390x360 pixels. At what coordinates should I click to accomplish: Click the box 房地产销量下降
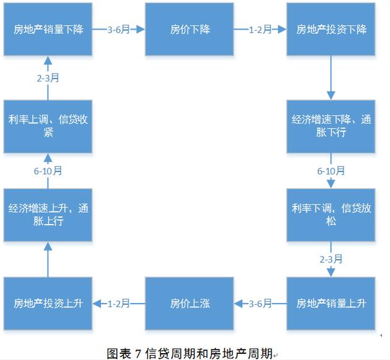[48, 29]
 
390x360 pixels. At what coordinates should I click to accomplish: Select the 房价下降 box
[189, 29]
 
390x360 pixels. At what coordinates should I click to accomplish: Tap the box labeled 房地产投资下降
[331, 29]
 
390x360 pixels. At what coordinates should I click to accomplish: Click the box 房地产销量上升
[331, 303]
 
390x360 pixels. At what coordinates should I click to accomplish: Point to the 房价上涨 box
[189, 303]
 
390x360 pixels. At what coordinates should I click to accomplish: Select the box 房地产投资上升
[48, 303]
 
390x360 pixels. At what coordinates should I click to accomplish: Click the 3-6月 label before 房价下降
[118, 29]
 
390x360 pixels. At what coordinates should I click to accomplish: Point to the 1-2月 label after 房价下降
[260, 29]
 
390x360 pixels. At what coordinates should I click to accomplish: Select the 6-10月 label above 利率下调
[331, 171]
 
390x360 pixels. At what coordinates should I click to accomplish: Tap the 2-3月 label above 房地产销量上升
[331, 259]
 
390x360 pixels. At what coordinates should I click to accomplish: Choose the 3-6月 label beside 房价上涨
[260, 303]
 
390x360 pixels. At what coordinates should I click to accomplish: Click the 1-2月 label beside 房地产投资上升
[118, 303]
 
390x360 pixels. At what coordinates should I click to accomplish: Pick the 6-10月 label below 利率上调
[48, 171]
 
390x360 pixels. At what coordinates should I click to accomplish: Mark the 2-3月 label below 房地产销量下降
[48, 78]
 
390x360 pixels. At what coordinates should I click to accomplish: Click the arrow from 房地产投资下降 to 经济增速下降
[331, 77]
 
